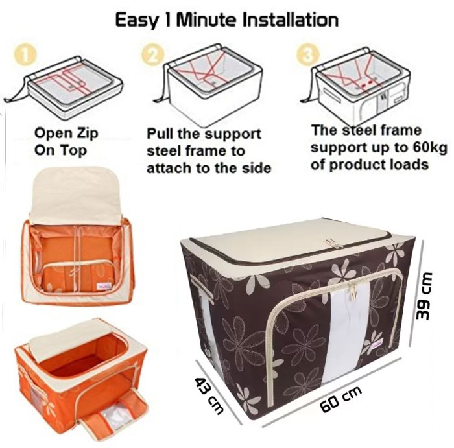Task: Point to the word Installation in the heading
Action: click(288, 19)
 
